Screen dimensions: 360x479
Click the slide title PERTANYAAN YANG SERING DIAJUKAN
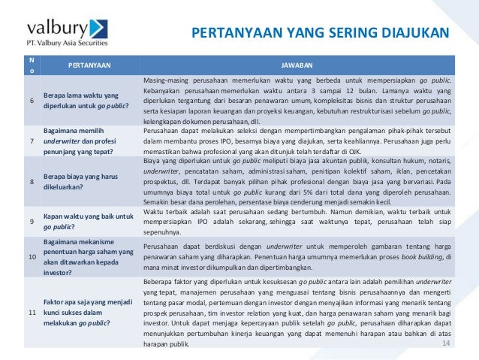[x=320, y=33]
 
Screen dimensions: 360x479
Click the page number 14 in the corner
[x=446, y=343]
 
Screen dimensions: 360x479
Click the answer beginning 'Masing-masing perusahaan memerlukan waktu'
[x=297, y=101]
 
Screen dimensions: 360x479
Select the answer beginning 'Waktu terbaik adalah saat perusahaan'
[x=297, y=222]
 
